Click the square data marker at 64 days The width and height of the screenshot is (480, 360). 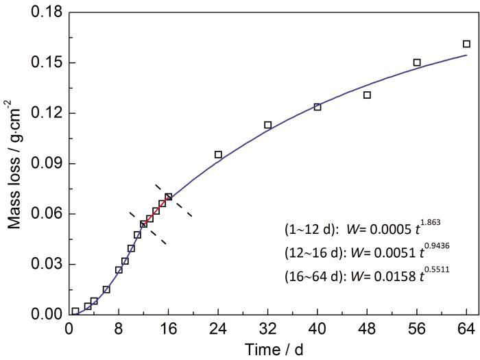[467, 44]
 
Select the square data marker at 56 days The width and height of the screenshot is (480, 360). [417, 62]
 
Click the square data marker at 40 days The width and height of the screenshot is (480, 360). [317, 107]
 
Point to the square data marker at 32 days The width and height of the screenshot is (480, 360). [268, 125]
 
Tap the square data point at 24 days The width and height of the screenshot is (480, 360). [218, 155]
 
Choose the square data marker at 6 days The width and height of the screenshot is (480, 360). [106, 289]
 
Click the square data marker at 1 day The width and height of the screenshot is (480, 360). [75, 311]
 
